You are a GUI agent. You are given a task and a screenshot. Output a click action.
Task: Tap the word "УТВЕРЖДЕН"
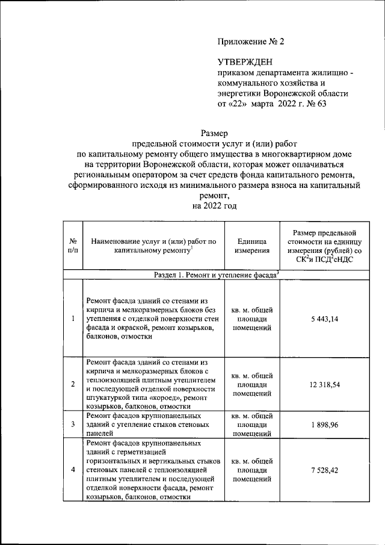[x=244, y=62]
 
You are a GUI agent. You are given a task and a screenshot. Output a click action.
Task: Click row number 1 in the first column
[x=72, y=319]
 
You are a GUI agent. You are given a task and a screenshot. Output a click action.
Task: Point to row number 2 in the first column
[x=72, y=384]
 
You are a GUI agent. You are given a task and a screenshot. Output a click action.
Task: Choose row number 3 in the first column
[x=72, y=425]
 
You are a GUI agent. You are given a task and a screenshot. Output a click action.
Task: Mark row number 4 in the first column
[x=72, y=470]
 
